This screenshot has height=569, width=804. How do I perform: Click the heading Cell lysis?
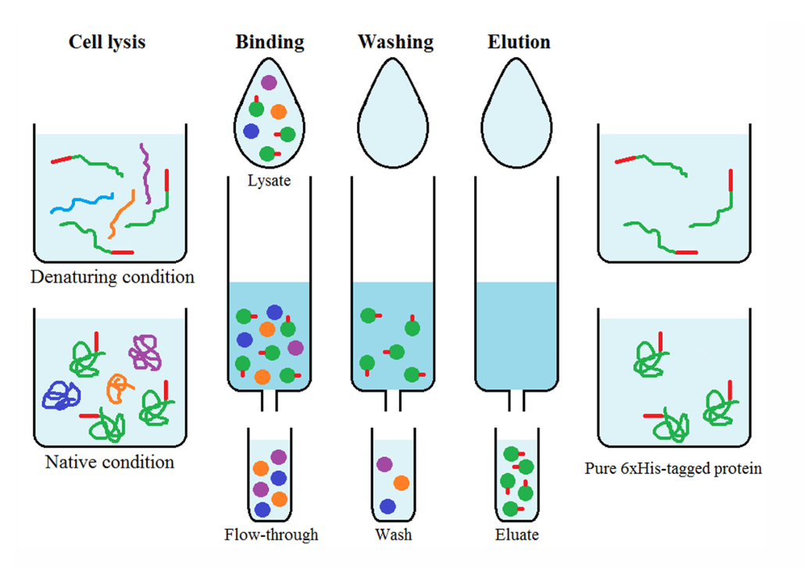(x=106, y=41)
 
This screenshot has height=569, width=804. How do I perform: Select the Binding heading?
(x=270, y=41)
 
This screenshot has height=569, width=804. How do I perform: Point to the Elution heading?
(x=519, y=41)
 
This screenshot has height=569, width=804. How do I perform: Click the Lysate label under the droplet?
(x=269, y=181)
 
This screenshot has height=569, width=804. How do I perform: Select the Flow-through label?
(x=271, y=535)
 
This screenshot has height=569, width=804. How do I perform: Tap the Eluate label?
(x=516, y=535)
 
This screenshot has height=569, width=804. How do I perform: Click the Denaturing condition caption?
(x=113, y=277)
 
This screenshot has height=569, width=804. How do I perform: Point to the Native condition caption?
(x=109, y=462)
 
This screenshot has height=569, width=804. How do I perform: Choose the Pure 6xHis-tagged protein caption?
(x=673, y=469)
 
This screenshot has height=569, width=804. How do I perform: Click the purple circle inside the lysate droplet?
(x=269, y=82)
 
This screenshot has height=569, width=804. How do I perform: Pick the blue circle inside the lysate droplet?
(x=251, y=131)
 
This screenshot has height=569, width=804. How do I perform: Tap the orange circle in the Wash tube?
(x=402, y=483)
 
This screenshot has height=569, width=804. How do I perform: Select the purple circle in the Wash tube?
(x=384, y=464)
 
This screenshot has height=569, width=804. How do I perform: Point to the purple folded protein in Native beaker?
(x=145, y=352)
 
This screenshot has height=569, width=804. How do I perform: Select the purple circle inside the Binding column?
(x=295, y=347)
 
